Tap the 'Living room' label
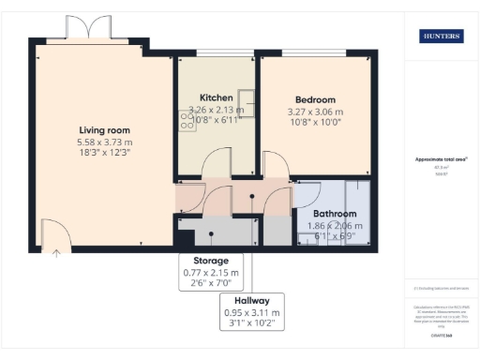[104, 130]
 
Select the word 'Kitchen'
[217, 97]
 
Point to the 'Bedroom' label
[315, 99]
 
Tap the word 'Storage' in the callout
[211, 261]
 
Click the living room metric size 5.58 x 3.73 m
[104, 142]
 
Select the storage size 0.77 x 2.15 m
[211, 273]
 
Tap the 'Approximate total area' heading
[441, 159]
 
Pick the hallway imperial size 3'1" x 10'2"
[252, 324]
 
